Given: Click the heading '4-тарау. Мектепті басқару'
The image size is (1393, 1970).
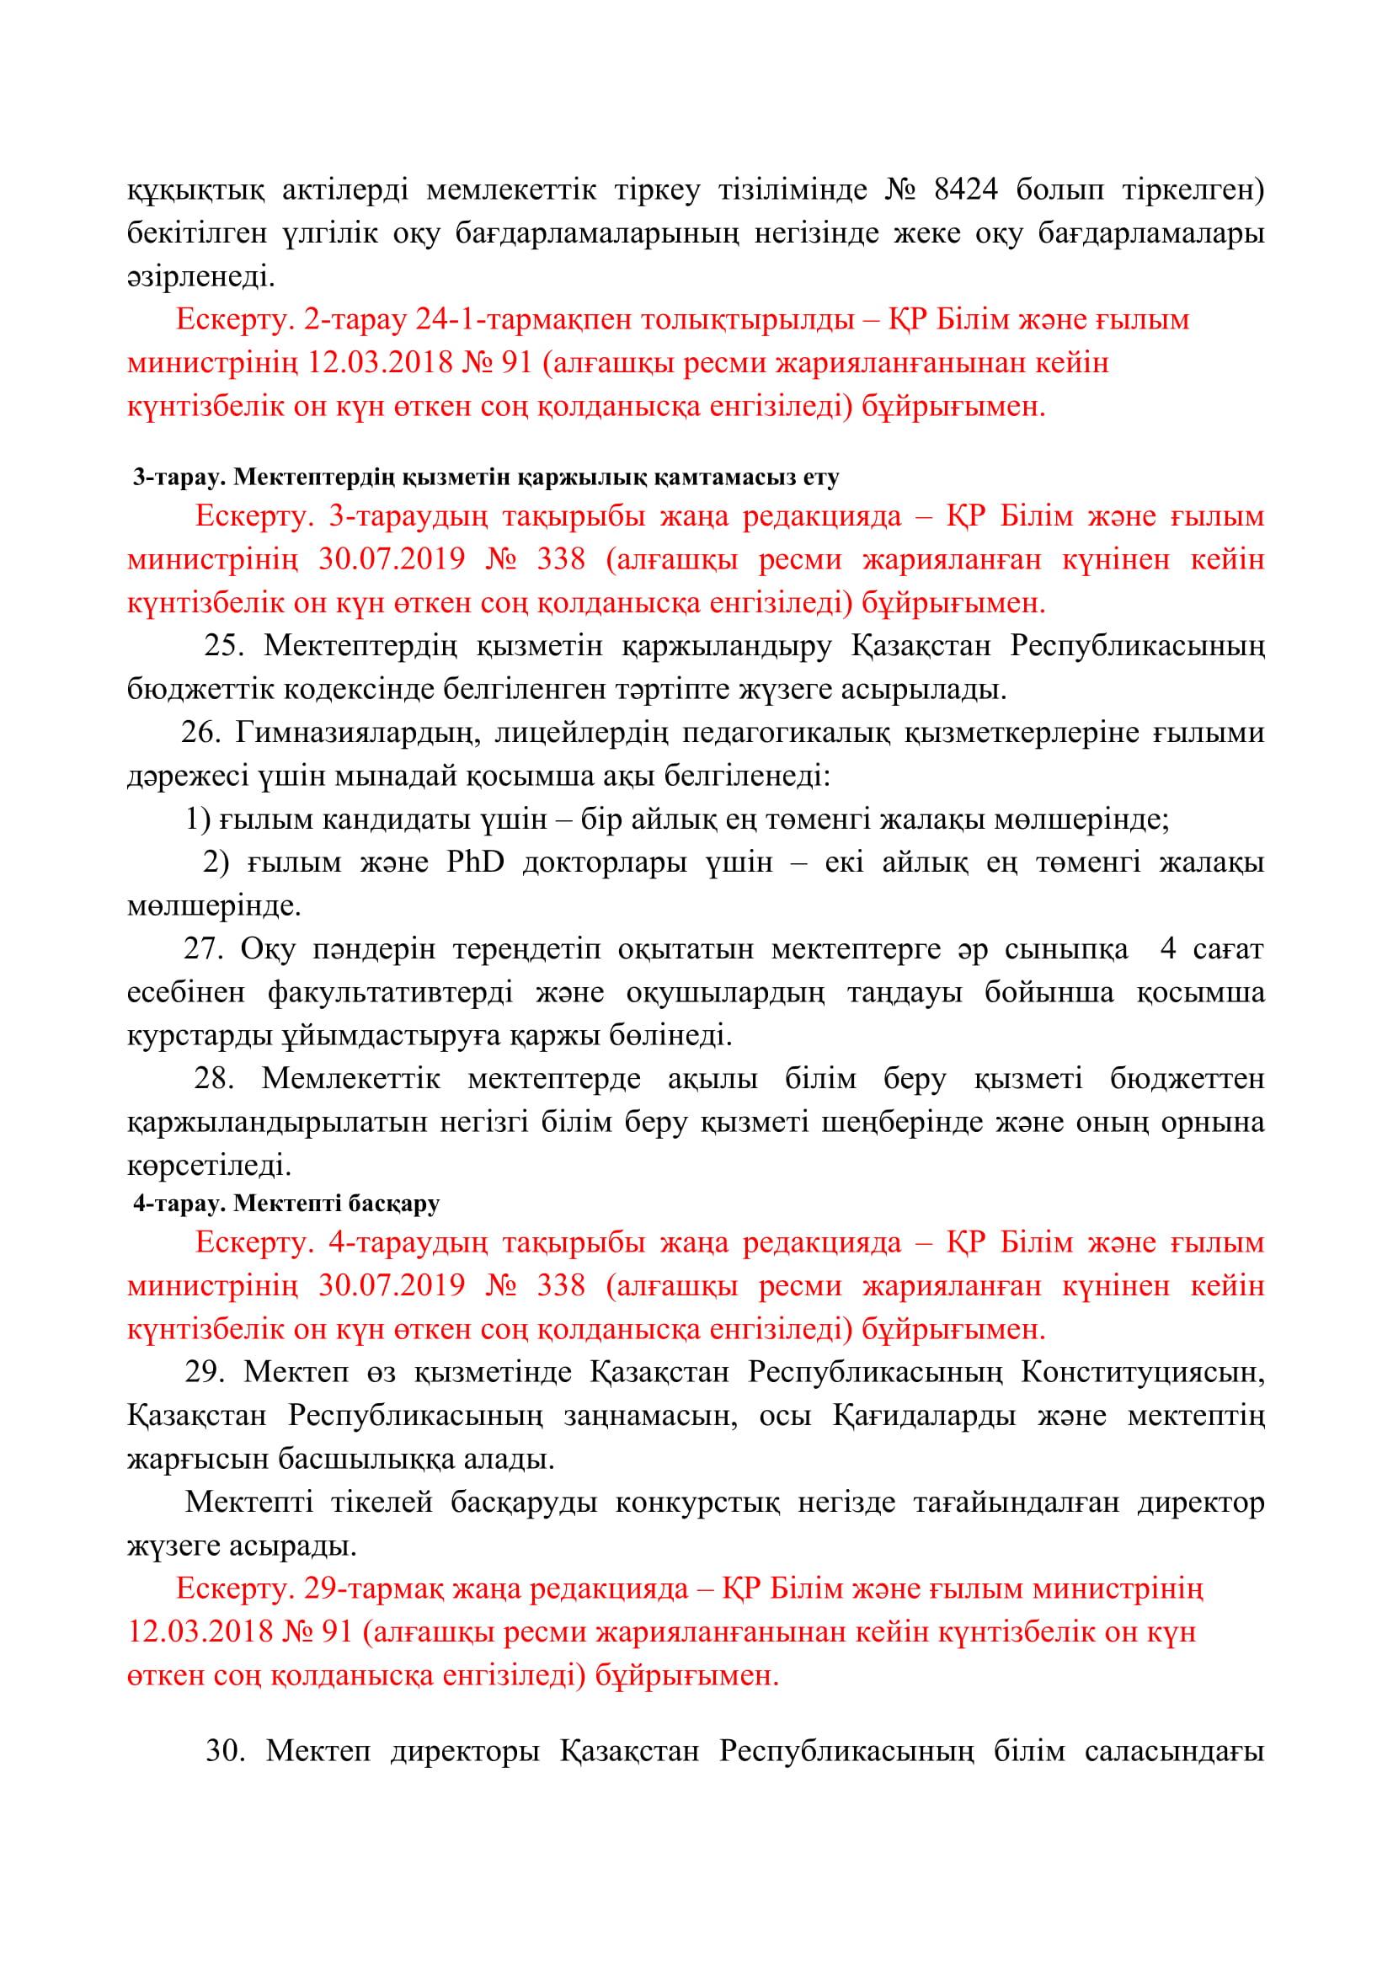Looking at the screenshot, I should [x=286, y=1203].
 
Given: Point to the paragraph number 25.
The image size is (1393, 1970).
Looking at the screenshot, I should [x=225, y=645].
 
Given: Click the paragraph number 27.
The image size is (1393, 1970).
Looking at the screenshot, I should [x=203, y=949].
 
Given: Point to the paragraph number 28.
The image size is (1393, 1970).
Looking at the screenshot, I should [x=215, y=1079].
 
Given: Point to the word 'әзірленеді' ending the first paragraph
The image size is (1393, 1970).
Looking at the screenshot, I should [x=201, y=276].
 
